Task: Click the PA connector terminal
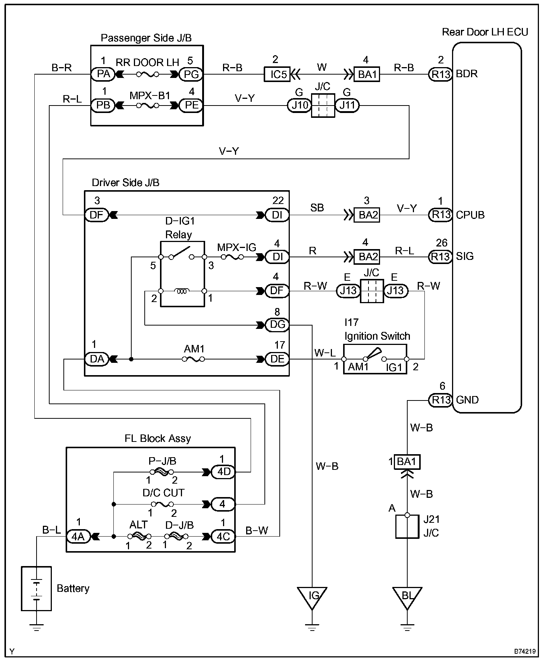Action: (103, 74)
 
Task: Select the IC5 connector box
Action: (278, 74)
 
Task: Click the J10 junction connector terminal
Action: (299, 106)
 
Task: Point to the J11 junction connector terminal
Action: (347, 106)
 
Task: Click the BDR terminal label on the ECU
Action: (467, 74)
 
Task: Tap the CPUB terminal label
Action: (470, 215)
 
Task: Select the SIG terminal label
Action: (465, 256)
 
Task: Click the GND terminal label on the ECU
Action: (467, 400)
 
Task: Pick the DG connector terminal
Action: (277, 325)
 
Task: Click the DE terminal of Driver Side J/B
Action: (277, 359)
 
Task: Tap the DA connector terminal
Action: (97, 359)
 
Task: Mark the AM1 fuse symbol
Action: (193, 359)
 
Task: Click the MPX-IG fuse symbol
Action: (232, 257)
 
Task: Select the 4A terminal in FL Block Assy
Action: (78, 537)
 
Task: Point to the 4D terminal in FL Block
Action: (223, 472)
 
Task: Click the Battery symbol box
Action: (36, 589)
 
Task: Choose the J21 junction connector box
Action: (407, 527)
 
